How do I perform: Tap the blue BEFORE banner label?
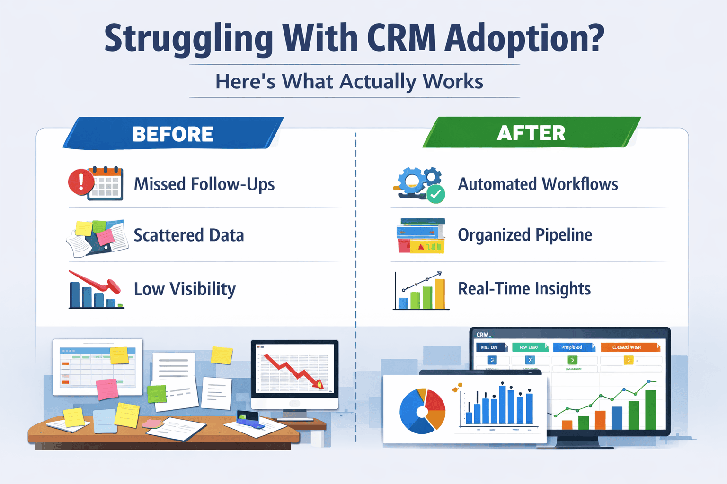173,134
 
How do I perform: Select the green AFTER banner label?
531,133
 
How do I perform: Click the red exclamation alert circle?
81,181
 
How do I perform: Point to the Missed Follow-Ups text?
204,184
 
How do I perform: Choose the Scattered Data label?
188,235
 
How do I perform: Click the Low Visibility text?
185,289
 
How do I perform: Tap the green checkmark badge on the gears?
435,194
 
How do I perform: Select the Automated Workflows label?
538,184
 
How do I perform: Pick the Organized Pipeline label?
525,235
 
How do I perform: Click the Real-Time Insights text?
524,289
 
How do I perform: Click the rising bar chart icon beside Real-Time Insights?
421,291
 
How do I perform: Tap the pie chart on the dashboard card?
422,411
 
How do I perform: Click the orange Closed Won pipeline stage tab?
629,347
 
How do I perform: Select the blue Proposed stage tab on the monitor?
572,347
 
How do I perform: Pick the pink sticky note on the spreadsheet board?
107,389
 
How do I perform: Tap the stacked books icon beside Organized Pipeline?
421,235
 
